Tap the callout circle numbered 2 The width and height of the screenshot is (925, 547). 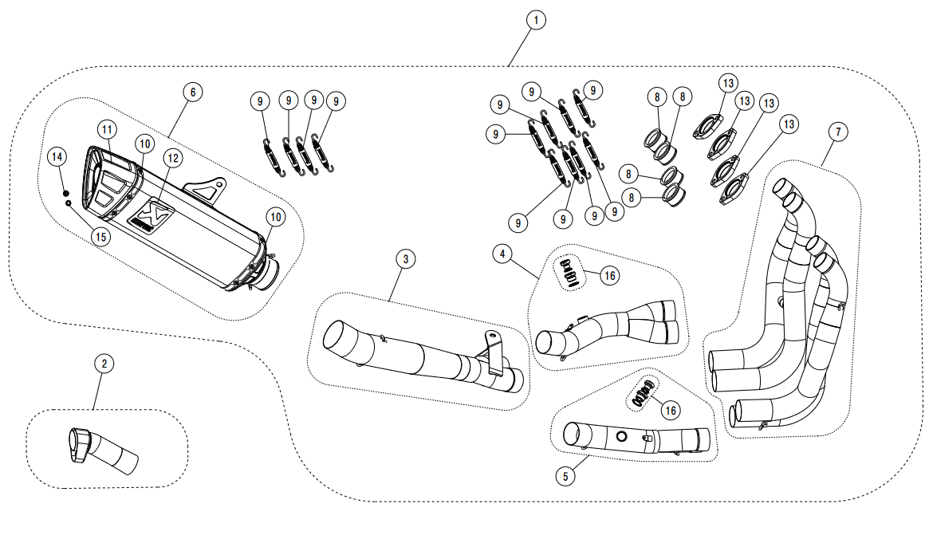coord(104,364)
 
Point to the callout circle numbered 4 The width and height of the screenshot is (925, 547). coord(502,254)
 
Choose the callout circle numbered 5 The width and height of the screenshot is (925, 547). coord(565,476)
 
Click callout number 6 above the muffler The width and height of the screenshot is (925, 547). coord(191,92)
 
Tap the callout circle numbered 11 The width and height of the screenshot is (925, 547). coord(108,129)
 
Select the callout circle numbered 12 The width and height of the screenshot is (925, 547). coord(172,158)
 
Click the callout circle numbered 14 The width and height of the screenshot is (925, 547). coord(57,157)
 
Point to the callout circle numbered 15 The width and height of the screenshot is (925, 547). coord(100,236)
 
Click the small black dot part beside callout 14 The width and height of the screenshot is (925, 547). coord(66,192)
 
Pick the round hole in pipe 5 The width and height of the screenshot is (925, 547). coord(620,436)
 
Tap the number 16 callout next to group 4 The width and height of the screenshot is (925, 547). coord(609,276)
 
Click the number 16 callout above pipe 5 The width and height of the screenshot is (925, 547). coord(670,410)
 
